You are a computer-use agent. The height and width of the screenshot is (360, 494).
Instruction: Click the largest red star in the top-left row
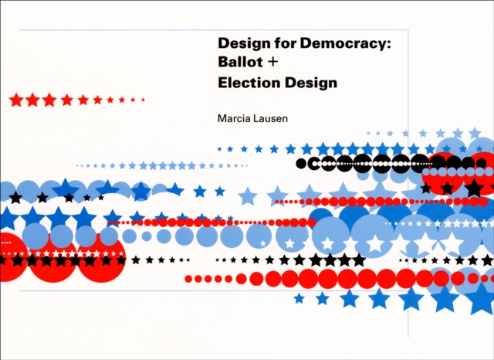(15, 100)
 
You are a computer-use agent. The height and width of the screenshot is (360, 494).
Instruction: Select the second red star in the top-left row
(32, 100)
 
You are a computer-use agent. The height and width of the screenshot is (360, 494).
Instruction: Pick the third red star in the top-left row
(49, 100)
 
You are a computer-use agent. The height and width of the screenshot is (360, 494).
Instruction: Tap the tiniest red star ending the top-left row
(143, 100)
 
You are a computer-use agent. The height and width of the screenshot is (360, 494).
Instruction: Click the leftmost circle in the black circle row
(302, 163)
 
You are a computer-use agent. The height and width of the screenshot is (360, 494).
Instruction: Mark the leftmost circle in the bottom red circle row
(188, 278)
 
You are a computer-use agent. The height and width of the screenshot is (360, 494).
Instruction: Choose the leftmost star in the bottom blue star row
(299, 297)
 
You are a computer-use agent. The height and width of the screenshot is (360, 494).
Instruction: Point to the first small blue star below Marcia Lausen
(220, 148)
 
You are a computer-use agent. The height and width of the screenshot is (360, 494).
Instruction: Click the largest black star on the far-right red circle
(473, 188)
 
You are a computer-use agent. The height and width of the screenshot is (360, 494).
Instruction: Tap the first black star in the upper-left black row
(15, 198)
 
